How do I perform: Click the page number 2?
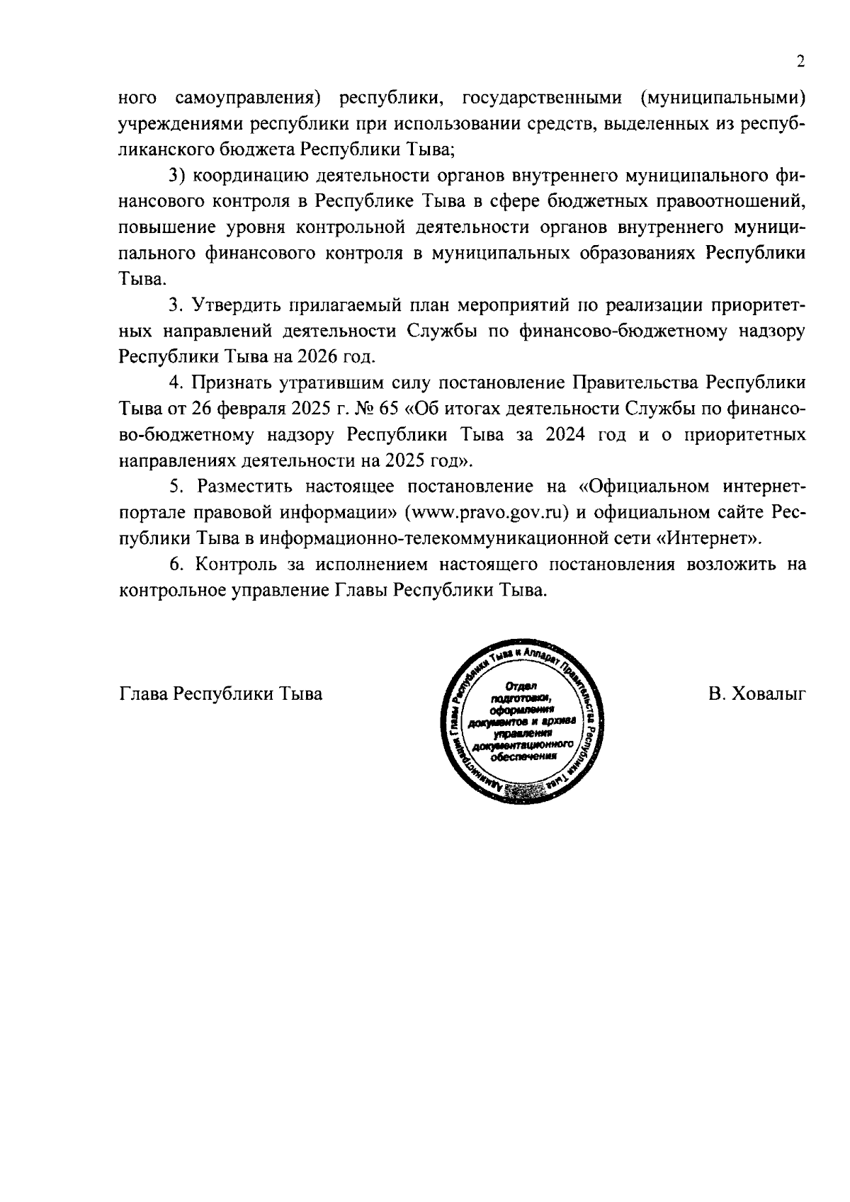point(800,62)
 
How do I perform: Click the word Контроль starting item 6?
point(238,565)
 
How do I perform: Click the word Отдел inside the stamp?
point(522,685)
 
